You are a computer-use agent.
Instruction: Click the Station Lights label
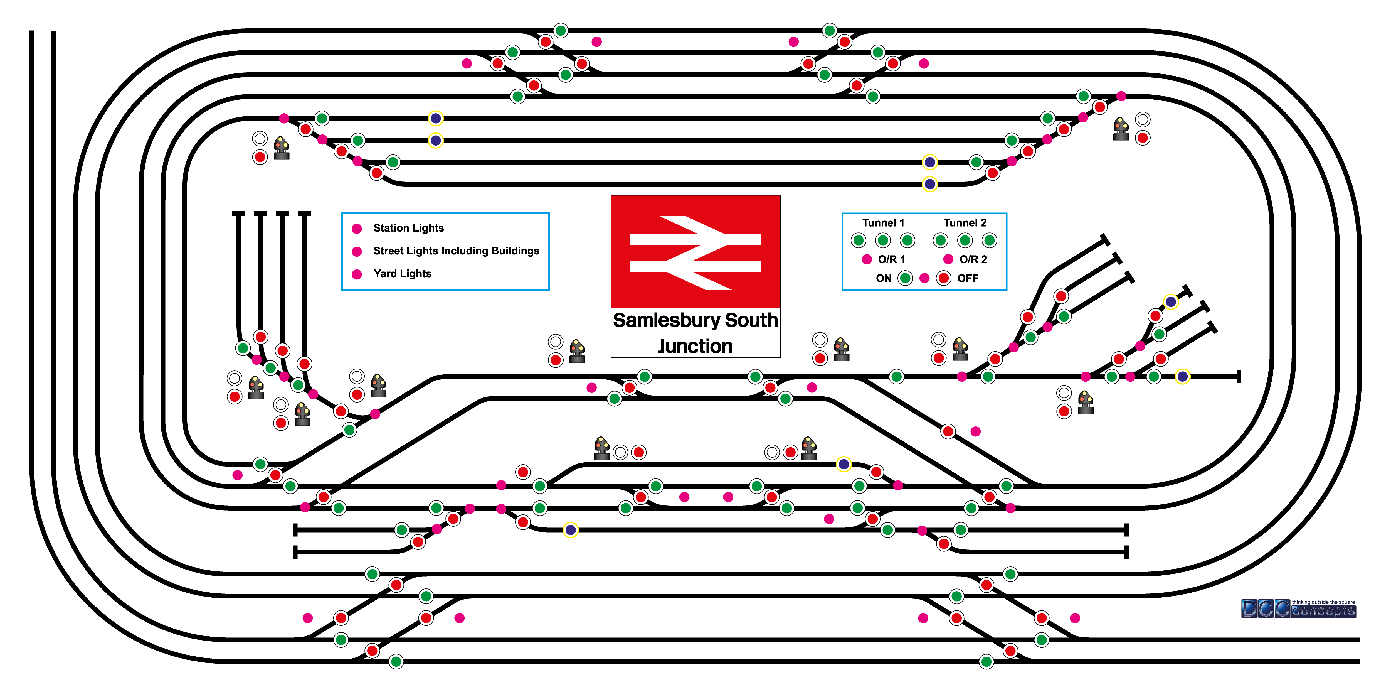pyautogui.click(x=408, y=228)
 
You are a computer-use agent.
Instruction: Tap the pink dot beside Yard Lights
pyautogui.click(x=356, y=274)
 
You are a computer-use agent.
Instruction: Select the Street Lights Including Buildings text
pyautogui.click(x=456, y=251)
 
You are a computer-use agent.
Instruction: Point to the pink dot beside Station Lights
pyautogui.click(x=356, y=229)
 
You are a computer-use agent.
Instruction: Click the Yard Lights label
pyautogui.click(x=402, y=273)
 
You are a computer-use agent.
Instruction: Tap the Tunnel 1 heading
pyautogui.click(x=883, y=223)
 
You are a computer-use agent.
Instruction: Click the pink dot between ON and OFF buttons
pyautogui.click(x=924, y=278)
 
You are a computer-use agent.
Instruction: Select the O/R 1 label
pyautogui.click(x=891, y=259)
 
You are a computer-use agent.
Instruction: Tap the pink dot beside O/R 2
pyautogui.click(x=948, y=259)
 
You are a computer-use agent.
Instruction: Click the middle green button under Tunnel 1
pyautogui.click(x=883, y=241)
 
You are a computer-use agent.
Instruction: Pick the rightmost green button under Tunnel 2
pyautogui.click(x=989, y=241)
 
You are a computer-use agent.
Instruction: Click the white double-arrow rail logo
pyautogui.click(x=695, y=252)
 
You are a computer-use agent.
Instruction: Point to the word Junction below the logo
pyautogui.click(x=695, y=346)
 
